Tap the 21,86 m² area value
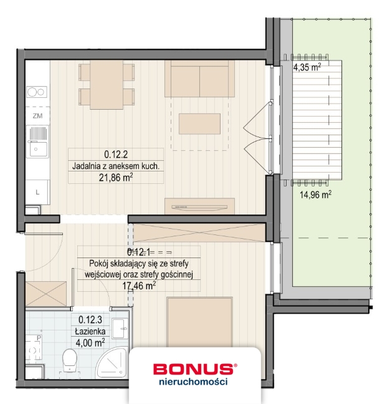(117, 178)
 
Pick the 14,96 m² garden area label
(316, 194)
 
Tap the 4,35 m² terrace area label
(307, 67)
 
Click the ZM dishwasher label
(37, 116)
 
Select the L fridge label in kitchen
(37, 192)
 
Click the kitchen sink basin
(37, 149)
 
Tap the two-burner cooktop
(36, 92)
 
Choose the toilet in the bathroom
(70, 358)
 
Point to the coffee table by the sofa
(199, 123)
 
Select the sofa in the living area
(199, 79)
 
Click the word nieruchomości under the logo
(193, 382)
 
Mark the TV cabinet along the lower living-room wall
(199, 206)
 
